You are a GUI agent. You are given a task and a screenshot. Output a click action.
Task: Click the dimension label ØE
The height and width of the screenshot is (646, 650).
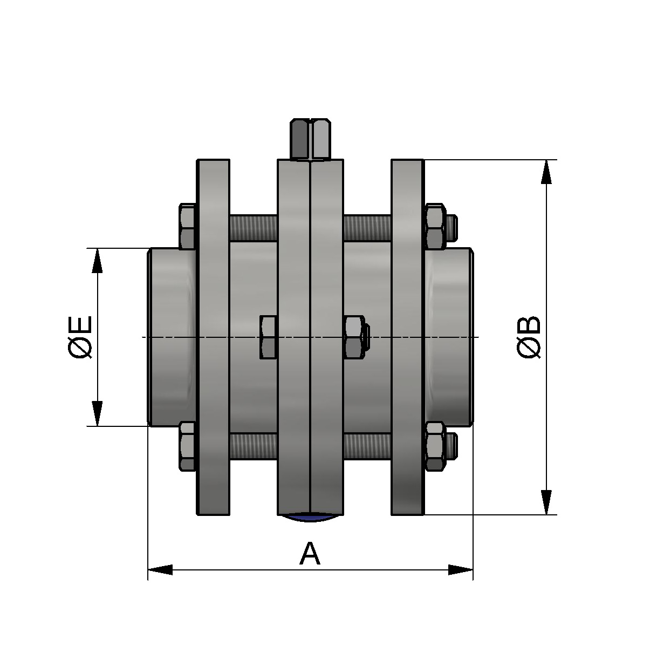[80, 337]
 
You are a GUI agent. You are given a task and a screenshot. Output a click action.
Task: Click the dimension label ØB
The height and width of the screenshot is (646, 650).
[529, 337]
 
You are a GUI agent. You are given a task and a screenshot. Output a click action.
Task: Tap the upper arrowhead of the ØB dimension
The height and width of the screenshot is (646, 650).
[546, 173]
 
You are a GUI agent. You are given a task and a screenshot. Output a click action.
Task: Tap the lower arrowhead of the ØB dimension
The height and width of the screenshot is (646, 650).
[546, 502]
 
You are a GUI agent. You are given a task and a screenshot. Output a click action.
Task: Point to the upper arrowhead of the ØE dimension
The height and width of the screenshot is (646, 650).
[97, 261]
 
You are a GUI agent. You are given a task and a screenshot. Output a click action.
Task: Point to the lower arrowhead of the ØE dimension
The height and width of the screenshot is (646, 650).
[97, 413]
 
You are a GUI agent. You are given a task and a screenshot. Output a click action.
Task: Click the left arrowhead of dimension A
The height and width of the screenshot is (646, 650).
[160, 569]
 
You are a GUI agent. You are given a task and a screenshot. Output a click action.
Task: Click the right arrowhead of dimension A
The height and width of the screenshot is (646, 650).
[460, 569]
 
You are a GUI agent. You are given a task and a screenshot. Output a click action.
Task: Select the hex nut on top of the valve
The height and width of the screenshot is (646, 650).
[311, 139]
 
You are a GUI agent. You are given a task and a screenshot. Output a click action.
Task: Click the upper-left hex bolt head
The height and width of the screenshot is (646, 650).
[187, 227]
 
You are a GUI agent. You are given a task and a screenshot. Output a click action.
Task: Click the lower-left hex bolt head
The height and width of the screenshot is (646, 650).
[187, 445]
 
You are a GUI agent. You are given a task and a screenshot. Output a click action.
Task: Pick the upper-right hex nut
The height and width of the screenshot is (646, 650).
[435, 227]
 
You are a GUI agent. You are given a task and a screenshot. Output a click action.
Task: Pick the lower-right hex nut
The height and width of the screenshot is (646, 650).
[435, 445]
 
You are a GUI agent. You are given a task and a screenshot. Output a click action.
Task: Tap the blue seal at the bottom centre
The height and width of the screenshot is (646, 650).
[311, 518]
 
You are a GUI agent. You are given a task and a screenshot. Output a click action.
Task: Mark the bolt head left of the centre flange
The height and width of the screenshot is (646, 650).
[269, 337]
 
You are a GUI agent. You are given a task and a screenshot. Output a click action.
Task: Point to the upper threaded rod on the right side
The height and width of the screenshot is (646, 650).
[367, 228]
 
